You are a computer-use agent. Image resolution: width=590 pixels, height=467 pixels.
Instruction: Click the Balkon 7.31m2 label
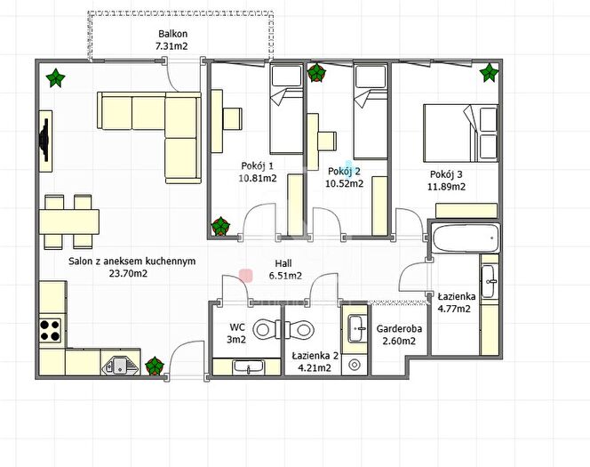click(172, 40)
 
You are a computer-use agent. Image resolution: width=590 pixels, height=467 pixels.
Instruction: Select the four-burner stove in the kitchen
click(50, 330)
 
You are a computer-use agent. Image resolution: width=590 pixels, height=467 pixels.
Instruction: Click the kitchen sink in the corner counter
click(120, 365)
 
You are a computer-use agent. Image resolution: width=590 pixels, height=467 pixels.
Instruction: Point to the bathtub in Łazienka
click(466, 238)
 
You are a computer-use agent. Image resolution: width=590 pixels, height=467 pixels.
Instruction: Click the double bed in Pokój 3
click(461, 133)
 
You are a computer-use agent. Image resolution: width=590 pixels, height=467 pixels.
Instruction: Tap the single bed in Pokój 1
click(286, 109)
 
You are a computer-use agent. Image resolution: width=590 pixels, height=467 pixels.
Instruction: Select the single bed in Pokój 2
click(371, 111)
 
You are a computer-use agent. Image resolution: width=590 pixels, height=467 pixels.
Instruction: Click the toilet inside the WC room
click(267, 329)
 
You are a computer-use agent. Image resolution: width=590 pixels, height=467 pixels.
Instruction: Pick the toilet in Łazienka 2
click(300, 329)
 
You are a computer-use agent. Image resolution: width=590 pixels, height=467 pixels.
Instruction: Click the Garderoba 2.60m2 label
click(399, 334)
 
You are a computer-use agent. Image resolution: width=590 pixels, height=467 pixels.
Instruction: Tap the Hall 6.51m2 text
click(285, 270)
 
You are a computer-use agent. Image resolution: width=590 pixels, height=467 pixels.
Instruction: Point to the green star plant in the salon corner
click(55, 78)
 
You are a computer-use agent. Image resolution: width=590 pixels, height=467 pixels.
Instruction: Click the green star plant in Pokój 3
click(489, 73)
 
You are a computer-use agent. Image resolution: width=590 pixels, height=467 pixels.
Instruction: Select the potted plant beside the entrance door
click(155, 366)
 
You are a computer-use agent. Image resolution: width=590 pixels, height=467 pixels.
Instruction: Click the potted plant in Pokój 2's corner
click(317, 73)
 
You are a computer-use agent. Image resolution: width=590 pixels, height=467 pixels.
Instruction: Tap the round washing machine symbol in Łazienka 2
click(354, 364)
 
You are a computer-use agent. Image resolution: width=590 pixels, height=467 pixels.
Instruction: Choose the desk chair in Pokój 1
click(232, 118)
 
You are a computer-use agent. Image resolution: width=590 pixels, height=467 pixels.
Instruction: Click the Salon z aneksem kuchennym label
click(132, 267)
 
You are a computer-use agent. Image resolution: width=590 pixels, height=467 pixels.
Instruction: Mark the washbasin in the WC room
click(248, 366)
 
